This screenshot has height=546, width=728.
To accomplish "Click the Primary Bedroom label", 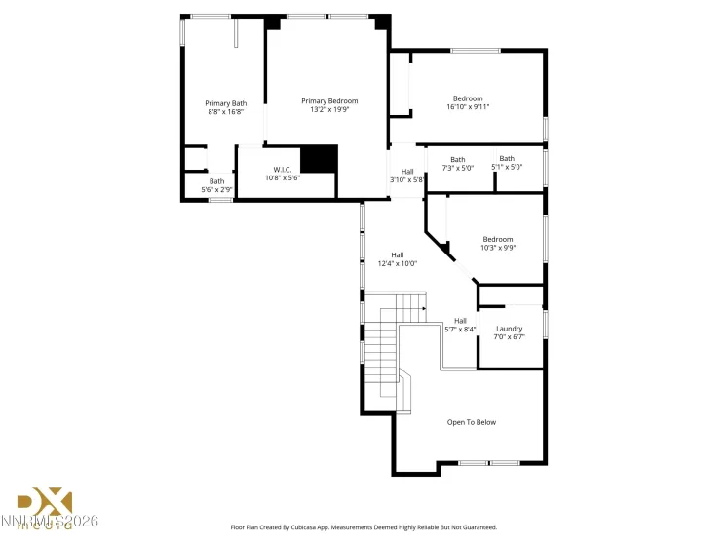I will (329, 101).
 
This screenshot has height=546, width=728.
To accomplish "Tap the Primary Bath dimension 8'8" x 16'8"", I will (225, 112).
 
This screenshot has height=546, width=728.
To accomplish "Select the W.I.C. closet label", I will (283, 170).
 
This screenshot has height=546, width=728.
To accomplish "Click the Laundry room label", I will (509, 329).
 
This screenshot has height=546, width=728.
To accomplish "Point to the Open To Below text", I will (472, 422).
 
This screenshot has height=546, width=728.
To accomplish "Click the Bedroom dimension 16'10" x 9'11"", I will (468, 107).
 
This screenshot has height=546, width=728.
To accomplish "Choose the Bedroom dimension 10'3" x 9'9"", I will (498, 248).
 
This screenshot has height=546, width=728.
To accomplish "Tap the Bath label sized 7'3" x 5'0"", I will (458, 160).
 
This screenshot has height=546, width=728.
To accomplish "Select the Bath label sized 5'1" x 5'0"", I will (507, 159).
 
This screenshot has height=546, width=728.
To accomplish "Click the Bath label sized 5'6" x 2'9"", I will (216, 180).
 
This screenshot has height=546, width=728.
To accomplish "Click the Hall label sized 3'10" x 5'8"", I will (407, 172).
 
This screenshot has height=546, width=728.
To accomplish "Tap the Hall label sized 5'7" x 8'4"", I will (460, 321).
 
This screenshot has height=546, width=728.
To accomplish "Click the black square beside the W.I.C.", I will (318, 159).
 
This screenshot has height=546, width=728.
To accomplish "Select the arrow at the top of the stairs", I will (424, 309).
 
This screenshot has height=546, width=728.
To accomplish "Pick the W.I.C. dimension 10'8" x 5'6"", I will (283, 178).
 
